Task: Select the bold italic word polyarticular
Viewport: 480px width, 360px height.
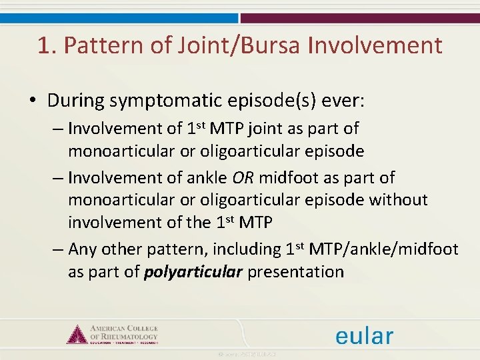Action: tap(193, 272)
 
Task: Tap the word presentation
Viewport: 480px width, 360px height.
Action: tap(296, 272)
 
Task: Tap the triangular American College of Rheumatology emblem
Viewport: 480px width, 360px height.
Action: tap(77, 334)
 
